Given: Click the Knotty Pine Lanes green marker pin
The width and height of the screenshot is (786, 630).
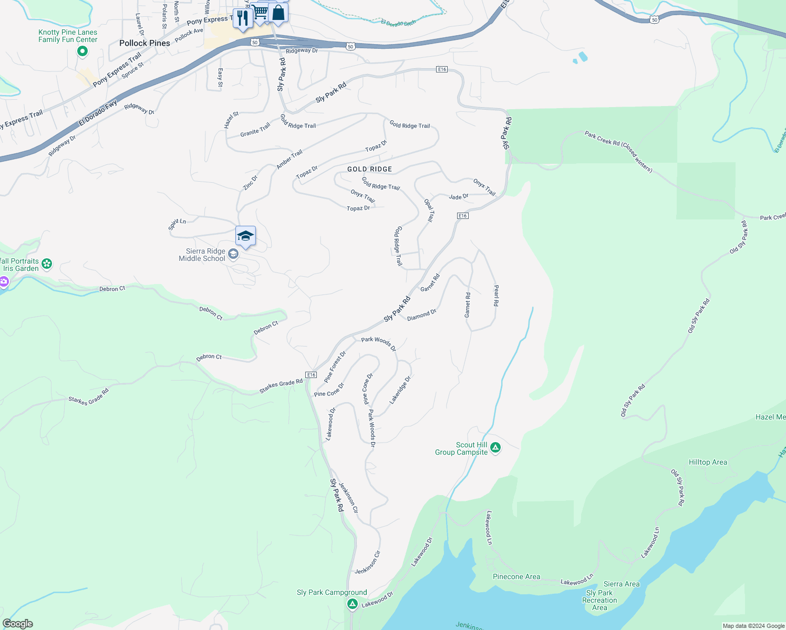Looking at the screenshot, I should point(82,51).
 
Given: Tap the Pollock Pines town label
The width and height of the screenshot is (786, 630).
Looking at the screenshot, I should point(144,43).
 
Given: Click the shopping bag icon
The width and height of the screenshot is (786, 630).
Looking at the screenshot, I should point(278,13).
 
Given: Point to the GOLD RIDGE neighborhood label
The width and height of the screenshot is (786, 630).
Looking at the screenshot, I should point(369,169).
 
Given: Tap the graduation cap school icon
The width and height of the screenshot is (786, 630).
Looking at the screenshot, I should point(245,236).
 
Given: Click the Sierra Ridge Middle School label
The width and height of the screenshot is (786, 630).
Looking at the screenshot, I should point(202,255).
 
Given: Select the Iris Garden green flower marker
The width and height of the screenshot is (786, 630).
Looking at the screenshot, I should point(47,264).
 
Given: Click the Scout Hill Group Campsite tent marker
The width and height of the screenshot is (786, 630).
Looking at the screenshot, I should point(495,448).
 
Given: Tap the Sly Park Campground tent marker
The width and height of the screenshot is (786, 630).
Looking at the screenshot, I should point(353,604).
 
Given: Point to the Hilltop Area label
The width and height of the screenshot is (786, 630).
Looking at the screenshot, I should point(708,463).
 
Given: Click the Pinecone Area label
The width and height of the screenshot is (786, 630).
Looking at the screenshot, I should point(516,576).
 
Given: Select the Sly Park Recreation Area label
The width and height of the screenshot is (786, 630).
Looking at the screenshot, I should point(599,600).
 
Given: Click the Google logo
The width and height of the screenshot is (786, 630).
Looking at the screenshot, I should point(18,624).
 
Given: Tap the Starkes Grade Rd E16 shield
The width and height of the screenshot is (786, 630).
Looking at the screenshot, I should point(311,375).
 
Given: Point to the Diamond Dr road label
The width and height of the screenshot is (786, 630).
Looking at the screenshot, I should point(421,315).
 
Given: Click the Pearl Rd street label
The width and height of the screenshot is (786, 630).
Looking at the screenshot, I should point(496,296).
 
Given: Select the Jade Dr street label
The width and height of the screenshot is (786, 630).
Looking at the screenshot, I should point(458,197).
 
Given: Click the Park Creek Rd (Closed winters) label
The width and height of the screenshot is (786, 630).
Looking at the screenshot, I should point(618,151).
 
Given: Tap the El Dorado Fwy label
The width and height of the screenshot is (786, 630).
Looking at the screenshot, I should point(98,113).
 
